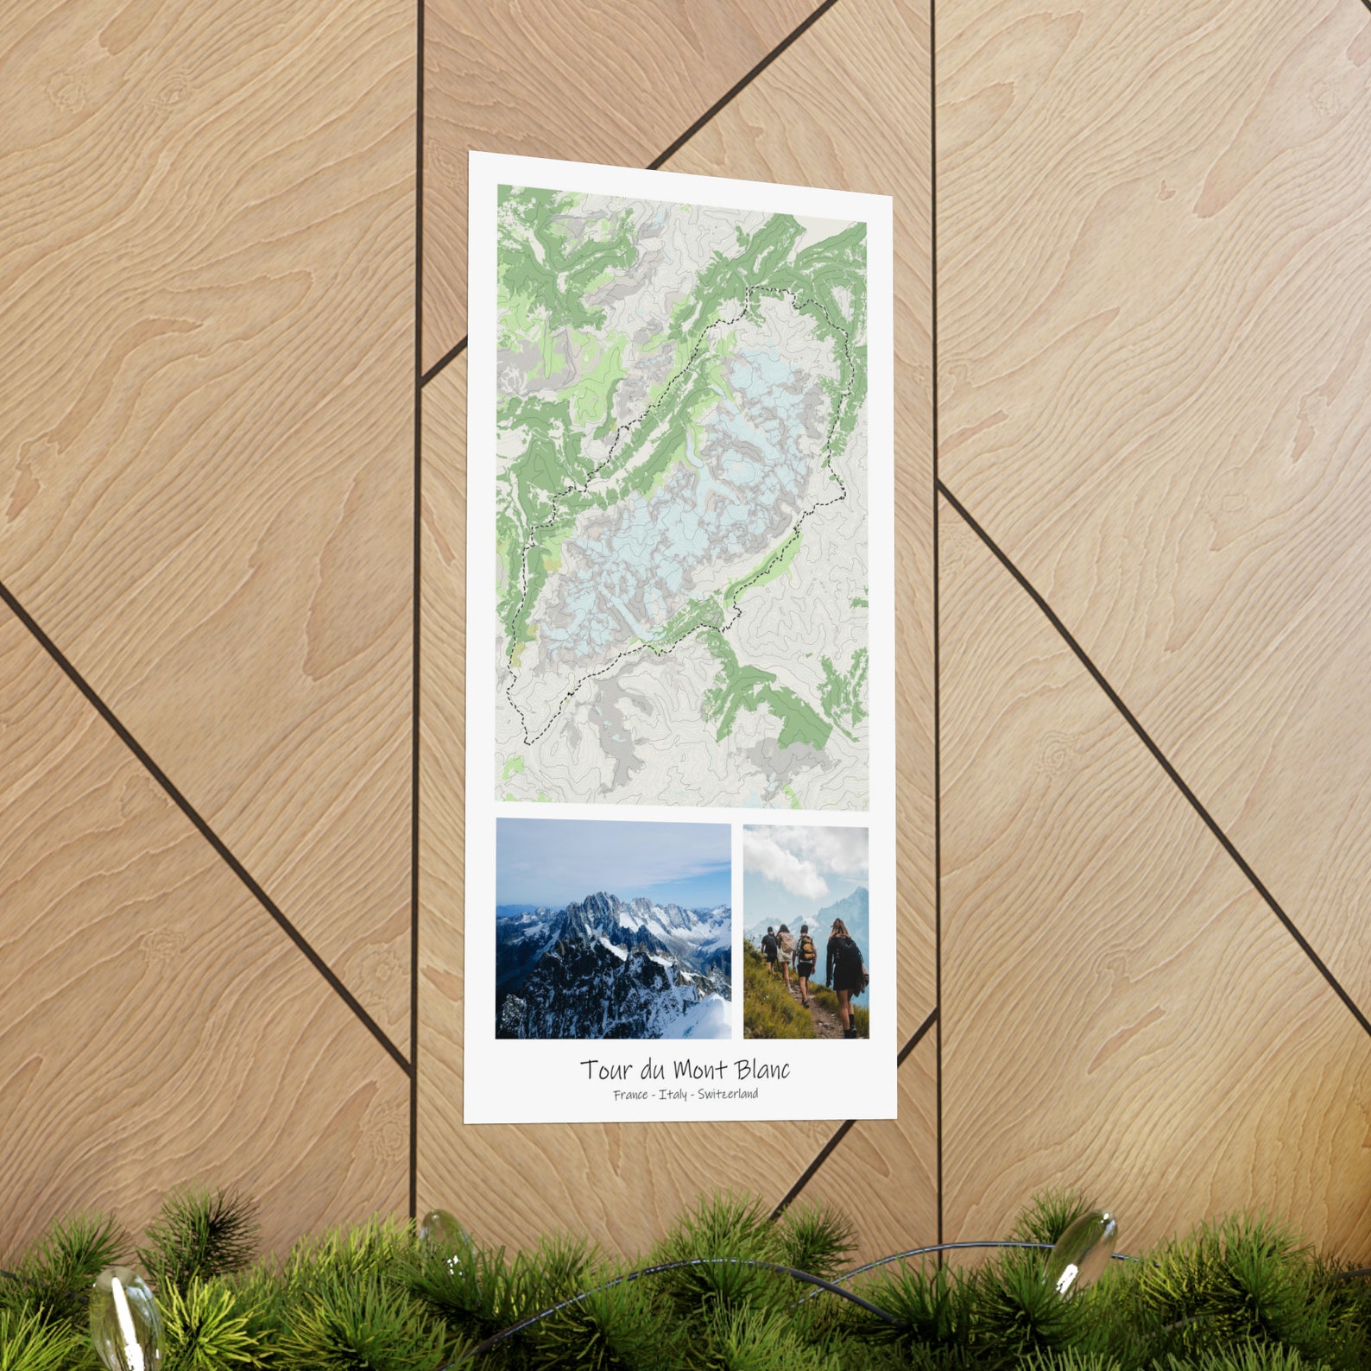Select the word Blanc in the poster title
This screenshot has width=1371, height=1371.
762,1070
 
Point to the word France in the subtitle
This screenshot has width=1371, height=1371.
630,1095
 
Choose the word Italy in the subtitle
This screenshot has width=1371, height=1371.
673,1095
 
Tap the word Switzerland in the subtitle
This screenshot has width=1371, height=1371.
728,1094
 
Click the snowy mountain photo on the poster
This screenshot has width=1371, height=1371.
613,929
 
